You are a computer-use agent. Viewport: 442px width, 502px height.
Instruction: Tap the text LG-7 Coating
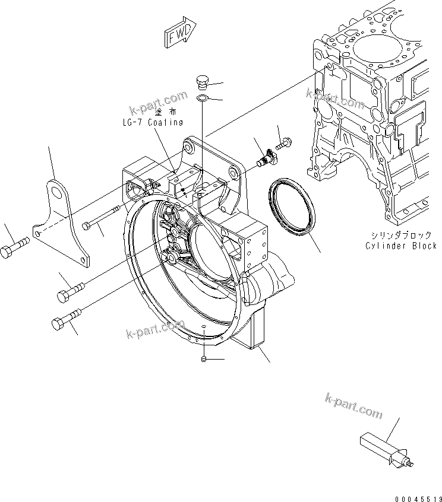[150, 122]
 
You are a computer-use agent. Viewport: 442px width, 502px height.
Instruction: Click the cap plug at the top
[203, 81]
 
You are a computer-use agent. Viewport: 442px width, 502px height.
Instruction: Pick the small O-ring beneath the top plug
[202, 97]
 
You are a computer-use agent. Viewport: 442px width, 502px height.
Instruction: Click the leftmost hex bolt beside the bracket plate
[15, 248]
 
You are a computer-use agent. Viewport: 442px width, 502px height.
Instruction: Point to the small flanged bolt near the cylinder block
[282, 142]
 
